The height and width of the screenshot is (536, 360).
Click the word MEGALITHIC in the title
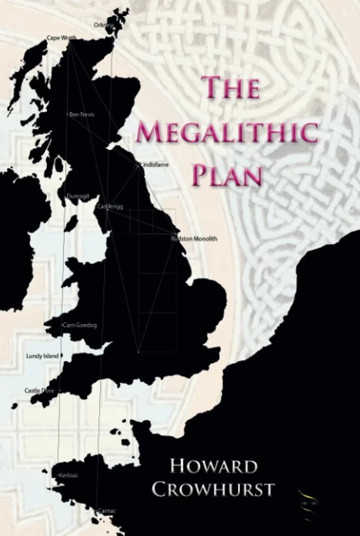227,131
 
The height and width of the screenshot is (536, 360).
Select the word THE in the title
231,88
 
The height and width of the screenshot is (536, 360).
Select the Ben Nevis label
81,115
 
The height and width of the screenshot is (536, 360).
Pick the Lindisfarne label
155,164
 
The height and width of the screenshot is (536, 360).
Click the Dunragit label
77,196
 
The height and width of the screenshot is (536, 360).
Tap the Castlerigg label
110,206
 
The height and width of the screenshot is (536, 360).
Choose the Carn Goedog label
79,325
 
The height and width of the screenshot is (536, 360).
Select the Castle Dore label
39,390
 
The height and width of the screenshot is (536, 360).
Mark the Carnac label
106,511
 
